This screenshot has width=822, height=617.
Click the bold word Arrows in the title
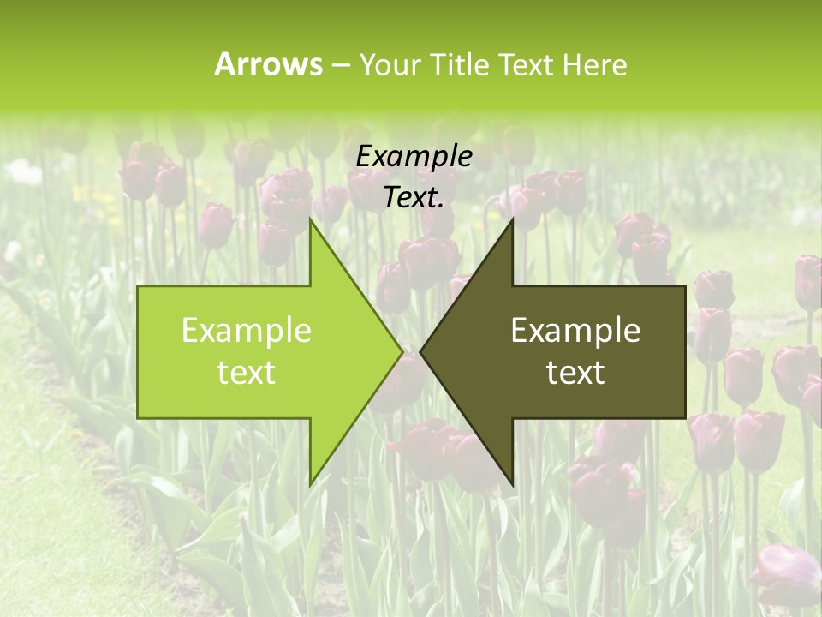pos(268,64)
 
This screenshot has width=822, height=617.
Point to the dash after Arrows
pos(340,65)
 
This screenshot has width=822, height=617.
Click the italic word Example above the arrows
pos(414,156)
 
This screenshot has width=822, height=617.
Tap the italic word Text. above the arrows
pos(414,197)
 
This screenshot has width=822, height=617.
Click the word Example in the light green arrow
pos(247,330)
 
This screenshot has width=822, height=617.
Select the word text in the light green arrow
pos(247,373)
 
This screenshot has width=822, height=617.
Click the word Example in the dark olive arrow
pos(575,330)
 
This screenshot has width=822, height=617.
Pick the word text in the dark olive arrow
pos(575,373)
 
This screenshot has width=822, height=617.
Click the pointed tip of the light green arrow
pos(402,351)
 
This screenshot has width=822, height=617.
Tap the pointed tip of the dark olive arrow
pos(420,351)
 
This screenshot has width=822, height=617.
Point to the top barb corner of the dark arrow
pos(512,219)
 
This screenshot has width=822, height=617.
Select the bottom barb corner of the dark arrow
pos(512,484)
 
